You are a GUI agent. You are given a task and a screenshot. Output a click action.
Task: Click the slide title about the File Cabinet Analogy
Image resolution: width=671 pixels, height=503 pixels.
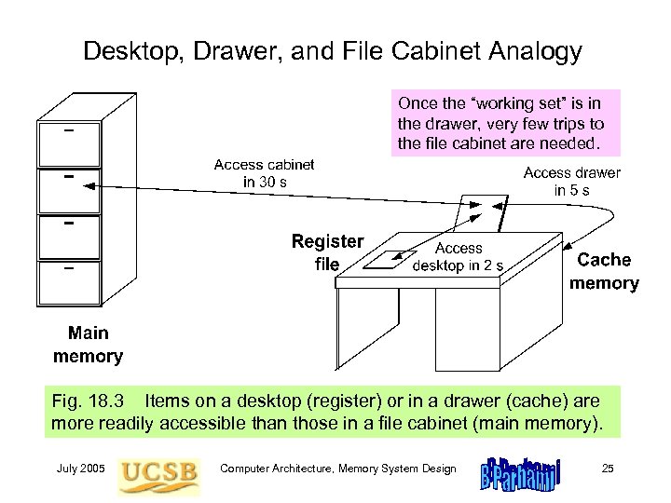click(333, 50)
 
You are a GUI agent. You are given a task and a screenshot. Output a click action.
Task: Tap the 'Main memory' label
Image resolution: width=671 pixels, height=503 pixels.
click(88, 345)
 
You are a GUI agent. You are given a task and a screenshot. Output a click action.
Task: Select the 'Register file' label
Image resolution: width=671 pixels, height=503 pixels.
click(327, 251)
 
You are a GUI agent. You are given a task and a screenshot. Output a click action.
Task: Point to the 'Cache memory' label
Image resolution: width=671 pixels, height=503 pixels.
click(604, 271)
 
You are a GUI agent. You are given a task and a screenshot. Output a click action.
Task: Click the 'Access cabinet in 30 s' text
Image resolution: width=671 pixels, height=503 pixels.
click(264, 173)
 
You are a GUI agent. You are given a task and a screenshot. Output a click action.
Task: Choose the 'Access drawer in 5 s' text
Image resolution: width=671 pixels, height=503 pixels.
click(571, 181)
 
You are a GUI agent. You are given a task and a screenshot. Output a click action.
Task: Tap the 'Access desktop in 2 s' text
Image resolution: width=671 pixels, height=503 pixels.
click(459, 256)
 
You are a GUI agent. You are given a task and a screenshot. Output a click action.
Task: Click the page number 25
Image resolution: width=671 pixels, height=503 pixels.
click(608, 469)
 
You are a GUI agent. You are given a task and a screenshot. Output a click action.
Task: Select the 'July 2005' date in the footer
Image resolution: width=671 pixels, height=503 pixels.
click(80, 469)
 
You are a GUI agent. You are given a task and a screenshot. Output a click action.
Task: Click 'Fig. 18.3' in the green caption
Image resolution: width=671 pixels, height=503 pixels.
click(83, 401)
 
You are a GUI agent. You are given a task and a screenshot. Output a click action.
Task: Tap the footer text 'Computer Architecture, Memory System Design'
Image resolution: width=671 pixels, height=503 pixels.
click(337, 469)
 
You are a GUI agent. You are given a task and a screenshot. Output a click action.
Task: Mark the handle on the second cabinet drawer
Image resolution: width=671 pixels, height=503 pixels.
click(68, 174)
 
